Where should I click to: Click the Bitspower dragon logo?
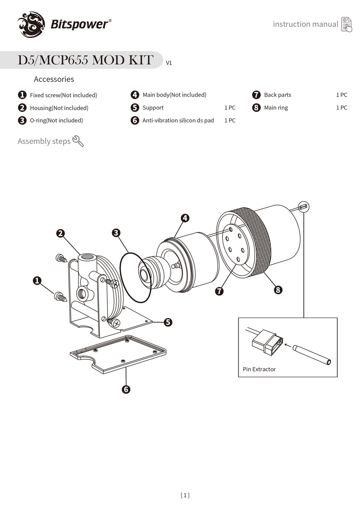(x=31, y=25)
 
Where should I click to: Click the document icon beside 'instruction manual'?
(x=346, y=24)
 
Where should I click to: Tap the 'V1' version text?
(x=169, y=63)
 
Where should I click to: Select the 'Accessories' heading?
(x=54, y=79)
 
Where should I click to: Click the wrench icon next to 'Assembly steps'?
(x=78, y=141)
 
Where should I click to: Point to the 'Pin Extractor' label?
(x=259, y=369)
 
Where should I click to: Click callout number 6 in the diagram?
(x=126, y=389)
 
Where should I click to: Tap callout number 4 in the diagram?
(x=185, y=218)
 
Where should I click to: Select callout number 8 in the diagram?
(x=278, y=290)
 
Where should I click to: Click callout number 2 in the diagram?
(x=60, y=233)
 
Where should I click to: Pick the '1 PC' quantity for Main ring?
(x=341, y=108)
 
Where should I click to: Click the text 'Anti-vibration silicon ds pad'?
(x=178, y=120)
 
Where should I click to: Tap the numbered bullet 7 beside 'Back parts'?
(x=257, y=95)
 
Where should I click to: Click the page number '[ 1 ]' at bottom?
(x=185, y=495)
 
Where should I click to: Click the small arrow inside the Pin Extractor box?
(x=288, y=345)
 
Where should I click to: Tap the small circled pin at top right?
(x=304, y=207)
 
